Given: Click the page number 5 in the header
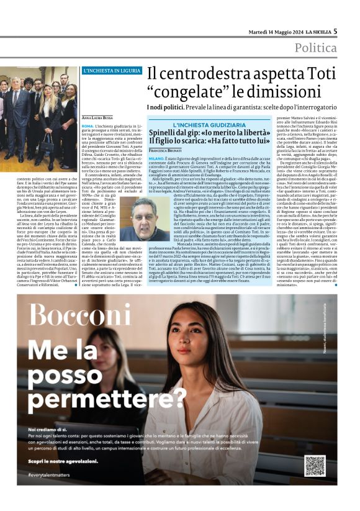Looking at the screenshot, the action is coord(335,30).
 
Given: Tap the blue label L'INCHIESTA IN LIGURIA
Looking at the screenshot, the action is coord(112,71).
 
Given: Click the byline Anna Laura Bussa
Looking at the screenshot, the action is coord(97,117).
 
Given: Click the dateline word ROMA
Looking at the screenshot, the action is coord(88,126).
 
